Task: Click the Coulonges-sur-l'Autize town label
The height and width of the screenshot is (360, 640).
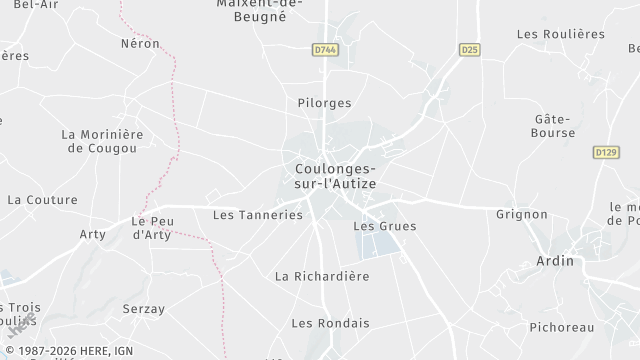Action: (335, 177)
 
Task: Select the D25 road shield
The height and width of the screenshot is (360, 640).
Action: (470, 49)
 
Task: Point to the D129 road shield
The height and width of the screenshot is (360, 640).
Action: (605, 152)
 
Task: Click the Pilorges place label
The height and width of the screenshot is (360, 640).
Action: (324, 102)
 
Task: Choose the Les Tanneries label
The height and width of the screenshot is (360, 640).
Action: (258, 214)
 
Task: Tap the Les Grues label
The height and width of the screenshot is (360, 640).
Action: (385, 226)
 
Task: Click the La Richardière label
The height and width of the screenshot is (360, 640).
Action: (322, 276)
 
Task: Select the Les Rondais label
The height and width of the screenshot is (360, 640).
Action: (330, 323)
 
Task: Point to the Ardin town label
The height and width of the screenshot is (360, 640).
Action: (556, 260)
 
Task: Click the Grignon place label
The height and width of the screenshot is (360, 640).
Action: (522, 214)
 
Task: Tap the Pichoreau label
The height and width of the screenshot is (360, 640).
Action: (561, 327)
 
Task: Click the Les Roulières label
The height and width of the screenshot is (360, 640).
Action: (561, 33)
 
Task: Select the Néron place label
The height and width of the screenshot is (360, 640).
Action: (140, 44)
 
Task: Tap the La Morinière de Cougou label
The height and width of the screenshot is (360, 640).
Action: (102, 141)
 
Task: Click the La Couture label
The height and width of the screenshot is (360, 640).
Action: (42, 200)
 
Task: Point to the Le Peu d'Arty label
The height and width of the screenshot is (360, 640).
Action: (153, 228)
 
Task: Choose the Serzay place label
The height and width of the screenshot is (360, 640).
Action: (144, 309)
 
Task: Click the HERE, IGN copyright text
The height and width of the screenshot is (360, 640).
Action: (68, 352)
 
